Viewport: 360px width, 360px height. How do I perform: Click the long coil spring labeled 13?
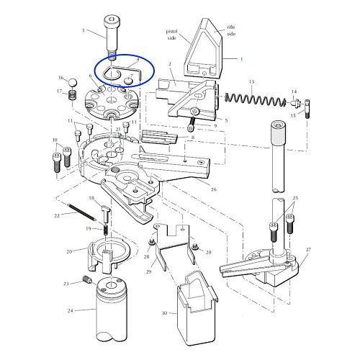[x=256, y=99]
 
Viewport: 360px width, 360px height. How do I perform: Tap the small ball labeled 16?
[x=73, y=83]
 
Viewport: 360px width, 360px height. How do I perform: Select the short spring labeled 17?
[x=72, y=95]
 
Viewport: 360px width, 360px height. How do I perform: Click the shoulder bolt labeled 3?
[x=110, y=38]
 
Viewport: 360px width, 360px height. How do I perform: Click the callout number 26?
[x=213, y=189]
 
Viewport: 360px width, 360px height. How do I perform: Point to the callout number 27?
[x=308, y=250]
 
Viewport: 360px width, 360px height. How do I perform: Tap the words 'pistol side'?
[x=171, y=35]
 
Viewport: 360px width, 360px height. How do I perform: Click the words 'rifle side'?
[x=231, y=30]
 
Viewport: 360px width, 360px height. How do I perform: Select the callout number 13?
[x=251, y=81]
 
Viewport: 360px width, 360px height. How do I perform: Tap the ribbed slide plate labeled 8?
[x=159, y=138]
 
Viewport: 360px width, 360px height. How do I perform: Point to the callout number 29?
[x=149, y=271]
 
